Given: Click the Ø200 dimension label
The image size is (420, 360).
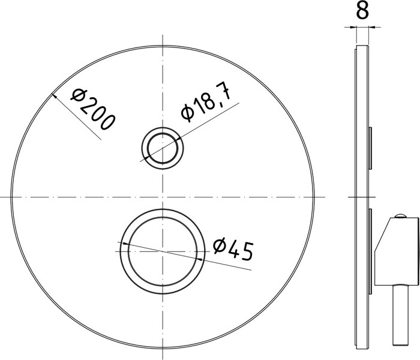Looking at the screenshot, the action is tap(93, 109).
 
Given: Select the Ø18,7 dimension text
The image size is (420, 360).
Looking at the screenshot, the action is tap(206, 102).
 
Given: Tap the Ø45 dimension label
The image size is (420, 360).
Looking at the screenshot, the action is tap(233, 250).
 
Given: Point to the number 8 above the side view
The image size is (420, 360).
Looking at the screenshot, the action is tap(362, 10).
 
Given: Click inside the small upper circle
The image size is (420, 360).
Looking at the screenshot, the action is tap(163, 148).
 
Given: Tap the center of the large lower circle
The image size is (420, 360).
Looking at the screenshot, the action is tap(163, 251).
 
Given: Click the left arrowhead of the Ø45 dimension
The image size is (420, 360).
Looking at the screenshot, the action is tap(124, 244).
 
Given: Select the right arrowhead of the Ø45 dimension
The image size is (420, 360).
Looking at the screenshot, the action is tap(200, 259).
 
